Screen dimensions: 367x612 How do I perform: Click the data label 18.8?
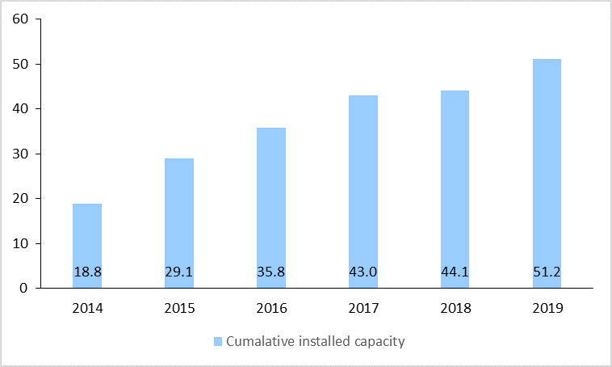click(87, 272)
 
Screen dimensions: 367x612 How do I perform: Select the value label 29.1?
click(179, 272)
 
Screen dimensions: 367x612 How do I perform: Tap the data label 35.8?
click(270, 272)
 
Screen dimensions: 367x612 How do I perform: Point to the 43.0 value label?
click(363, 272)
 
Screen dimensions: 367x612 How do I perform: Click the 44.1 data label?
click(455, 272)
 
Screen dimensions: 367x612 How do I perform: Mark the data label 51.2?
click(547, 272)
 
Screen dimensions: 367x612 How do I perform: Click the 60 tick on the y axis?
click(21, 19)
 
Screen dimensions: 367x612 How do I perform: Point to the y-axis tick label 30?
click(21, 154)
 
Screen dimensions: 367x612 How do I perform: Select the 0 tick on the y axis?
click(25, 288)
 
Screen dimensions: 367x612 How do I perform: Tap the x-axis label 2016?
click(270, 308)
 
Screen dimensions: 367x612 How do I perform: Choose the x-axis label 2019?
click(547, 308)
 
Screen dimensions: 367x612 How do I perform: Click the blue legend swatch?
click(218, 341)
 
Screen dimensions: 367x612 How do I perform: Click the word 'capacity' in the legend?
click(379, 341)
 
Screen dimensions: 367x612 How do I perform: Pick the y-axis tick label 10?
click(21, 243)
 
